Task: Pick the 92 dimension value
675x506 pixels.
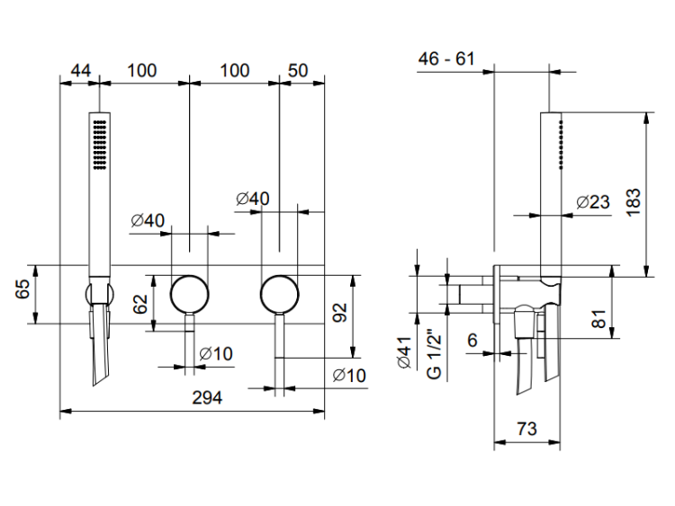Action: [339, 313]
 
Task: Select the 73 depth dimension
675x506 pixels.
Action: [528, 429]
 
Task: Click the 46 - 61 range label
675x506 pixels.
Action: [445, 58]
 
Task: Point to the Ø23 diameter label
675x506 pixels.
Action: [594, 201]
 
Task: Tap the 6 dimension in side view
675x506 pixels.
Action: [472, 339]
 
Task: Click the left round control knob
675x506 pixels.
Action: [190, 292]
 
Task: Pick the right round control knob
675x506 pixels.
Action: [280, 292]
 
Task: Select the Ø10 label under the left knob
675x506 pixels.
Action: [216, 354]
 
